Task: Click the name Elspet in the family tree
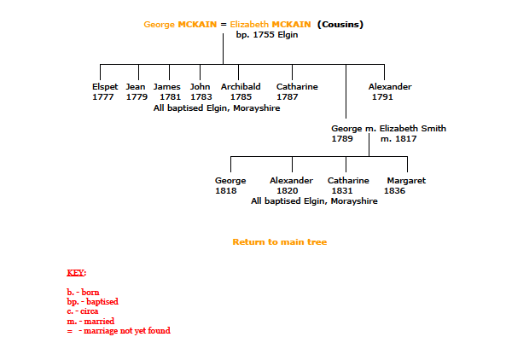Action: tap(105, 87)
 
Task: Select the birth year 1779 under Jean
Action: tap(137, 97)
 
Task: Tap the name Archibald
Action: tap(241, 87)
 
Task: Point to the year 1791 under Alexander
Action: tap(382, 97)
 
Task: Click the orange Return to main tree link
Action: tap(280, 242)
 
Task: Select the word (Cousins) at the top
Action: tap(340, 25)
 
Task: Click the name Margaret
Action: tap(406, 181)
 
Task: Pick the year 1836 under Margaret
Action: tap(394, 191)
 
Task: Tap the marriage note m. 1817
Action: tap(398, 139)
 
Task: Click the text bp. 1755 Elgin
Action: tap(267, 35)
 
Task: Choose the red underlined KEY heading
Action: tap(77, 273)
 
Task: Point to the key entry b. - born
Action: tap(83, 293)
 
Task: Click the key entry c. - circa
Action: tap(82, 311)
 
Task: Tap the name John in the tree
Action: tap(200, 87)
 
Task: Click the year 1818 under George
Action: tap(225, 191)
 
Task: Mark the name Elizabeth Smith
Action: tap(413, 128)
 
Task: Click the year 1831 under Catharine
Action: tap(342, 191)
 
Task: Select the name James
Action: tap(167, 87)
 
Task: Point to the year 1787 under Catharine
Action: tap(288, 97)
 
